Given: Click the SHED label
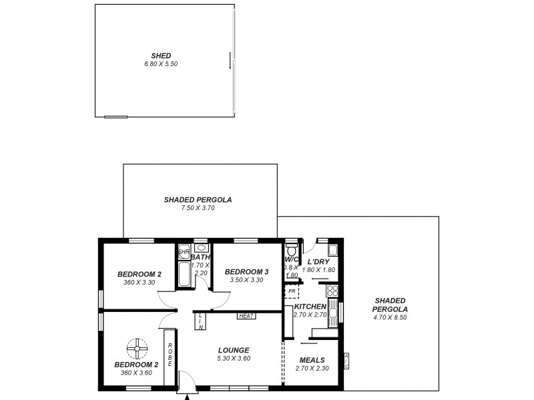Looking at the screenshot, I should (x=161, y=55).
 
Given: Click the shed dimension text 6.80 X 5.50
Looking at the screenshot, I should (x=161, y=64).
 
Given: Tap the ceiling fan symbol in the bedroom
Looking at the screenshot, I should (x=137, y=347).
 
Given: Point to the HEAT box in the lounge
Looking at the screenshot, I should (x=245, y=316).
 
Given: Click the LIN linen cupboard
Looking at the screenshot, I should (x=200, y=321).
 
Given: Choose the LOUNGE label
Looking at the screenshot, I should (x=234, y=350).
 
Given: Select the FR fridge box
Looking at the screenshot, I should (x=291, y=291).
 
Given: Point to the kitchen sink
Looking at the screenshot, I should (x=332, y=313).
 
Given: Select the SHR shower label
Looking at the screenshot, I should (x=182, y=252).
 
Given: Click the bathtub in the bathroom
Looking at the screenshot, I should (x=184, y=274).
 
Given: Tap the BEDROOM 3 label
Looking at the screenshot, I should (x=246, y=272).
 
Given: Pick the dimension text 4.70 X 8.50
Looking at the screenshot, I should (x=390, y=317).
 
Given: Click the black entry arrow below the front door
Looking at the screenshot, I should (x=187, y=397).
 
